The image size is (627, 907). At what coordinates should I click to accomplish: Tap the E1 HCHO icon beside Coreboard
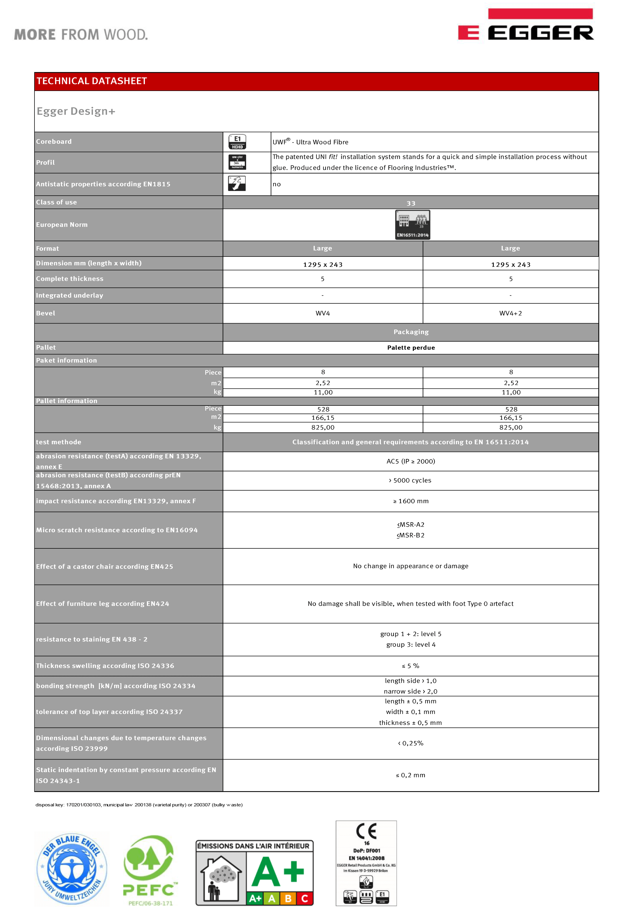(x=237, y=142)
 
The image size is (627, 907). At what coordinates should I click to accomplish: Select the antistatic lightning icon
(x=237, y=183)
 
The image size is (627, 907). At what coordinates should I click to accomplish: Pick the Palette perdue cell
(x=411, y=348)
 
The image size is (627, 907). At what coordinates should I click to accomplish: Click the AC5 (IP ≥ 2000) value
(x=411, y=461)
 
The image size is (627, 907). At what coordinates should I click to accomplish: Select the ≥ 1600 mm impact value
(x=411, y=501)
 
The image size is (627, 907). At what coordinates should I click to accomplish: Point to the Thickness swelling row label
(x=105, y=666)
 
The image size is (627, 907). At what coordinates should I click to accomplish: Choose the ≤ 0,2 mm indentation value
(x=411, y=775)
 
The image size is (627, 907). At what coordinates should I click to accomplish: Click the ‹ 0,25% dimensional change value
(x=411, y=743)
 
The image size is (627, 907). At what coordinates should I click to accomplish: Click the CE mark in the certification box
(x=366, y=831)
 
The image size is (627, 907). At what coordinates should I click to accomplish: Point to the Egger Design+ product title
(x=76, y=111)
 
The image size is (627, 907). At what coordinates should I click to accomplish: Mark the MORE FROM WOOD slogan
(x=81, y=35)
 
